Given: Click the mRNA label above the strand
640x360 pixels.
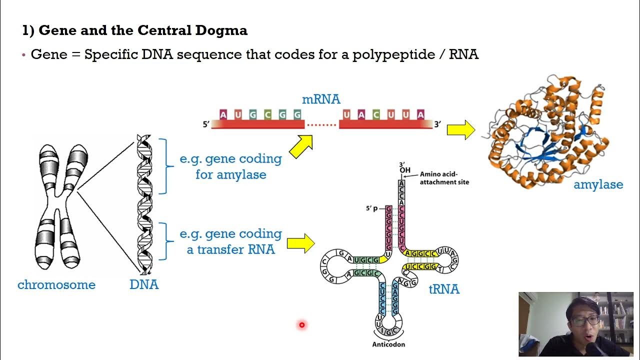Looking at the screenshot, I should (x=321, y=99).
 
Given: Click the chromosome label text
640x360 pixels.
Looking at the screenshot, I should (x=56, y=285).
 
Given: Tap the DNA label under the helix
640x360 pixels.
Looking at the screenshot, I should (x=144, y=285).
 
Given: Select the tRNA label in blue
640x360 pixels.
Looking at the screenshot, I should (x=444, y=289).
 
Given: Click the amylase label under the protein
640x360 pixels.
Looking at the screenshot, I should (x=598, y=184).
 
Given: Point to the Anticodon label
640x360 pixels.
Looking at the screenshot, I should (x=388, y=344).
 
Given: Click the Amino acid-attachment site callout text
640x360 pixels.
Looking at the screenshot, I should (x=444, y=178).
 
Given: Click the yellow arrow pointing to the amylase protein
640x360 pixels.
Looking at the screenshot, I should (x=460, y=130).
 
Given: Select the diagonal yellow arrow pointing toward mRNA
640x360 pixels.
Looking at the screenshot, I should (x=301, y=146).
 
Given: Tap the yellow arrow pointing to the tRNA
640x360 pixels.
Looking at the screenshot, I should (x=300, y=243).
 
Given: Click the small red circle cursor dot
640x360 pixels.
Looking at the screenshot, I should (x=302, y=325).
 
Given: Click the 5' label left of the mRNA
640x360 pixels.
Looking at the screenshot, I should (x=205, y=124).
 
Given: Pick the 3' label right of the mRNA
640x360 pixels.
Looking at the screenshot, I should (x=437, y=124).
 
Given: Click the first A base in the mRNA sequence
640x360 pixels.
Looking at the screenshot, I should (x=223, y=115).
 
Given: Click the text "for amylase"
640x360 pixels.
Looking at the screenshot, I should (x=230, y=175).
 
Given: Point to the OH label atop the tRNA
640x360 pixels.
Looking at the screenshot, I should (x=404, y=170).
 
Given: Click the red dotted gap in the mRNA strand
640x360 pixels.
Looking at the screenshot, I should (x=321, y=124).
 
